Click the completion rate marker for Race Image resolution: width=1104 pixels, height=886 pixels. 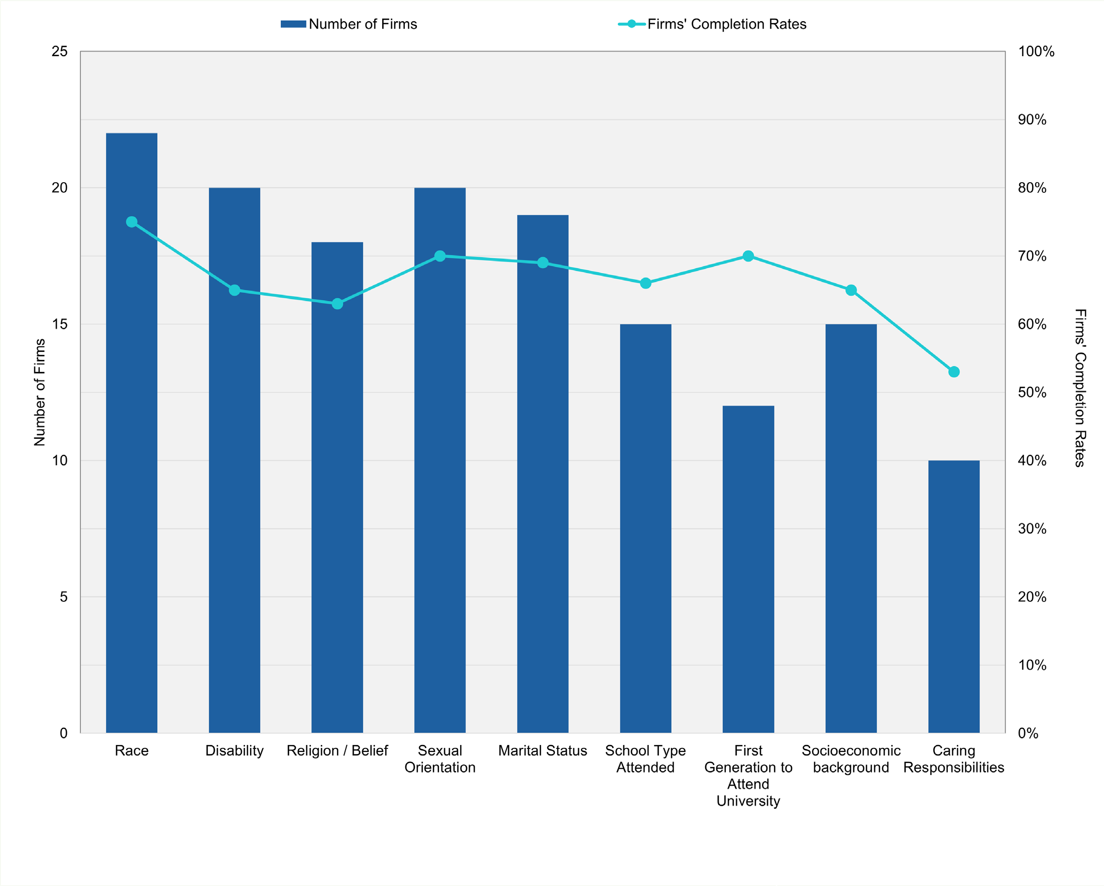[132, 222]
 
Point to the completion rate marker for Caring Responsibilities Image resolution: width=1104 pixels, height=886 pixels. [953, 371]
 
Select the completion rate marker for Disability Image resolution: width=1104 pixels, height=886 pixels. [235, 290]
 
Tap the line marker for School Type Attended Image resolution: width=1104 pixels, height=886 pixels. [645, 283]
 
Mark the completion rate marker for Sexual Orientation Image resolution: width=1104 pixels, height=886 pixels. [440, 256]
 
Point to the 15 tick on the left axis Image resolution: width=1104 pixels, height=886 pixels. [59, 324]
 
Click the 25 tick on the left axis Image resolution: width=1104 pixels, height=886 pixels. [59, 51]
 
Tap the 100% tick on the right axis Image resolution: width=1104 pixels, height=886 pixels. [1036, 51]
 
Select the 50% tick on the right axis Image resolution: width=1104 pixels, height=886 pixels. [1032, 392]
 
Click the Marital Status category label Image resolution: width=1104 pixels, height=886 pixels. [542, 750]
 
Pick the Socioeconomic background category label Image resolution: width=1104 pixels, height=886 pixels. [850, 758]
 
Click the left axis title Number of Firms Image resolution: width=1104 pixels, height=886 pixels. [39, 392]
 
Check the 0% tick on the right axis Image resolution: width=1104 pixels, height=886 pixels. [1028, 733]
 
